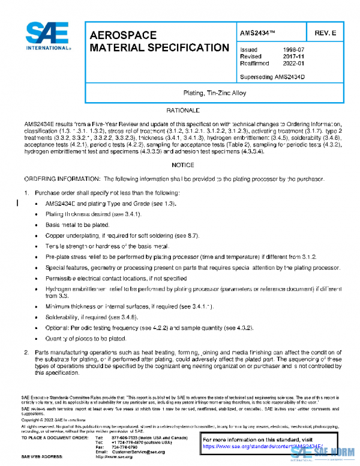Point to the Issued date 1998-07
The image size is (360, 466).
293,50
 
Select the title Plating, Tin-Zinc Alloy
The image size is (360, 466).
214,93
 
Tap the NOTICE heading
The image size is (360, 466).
182,165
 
